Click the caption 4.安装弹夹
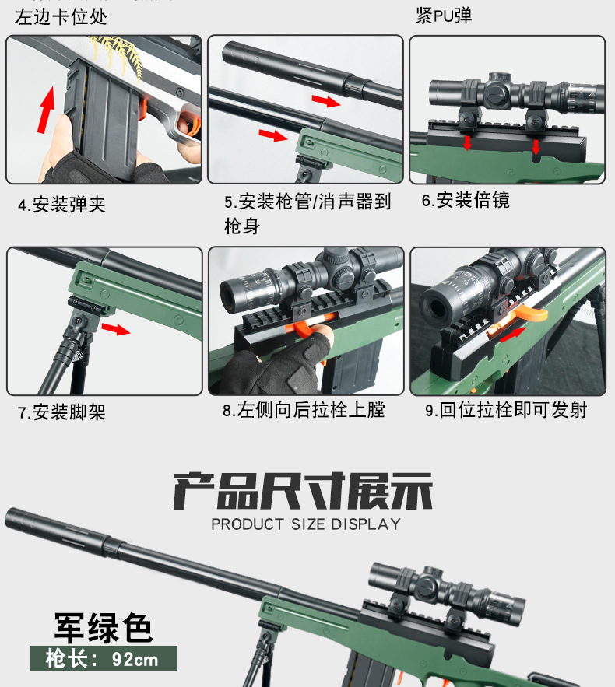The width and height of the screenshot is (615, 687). click(x=61, y=205)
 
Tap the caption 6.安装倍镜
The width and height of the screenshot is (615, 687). click(x=466, y=201)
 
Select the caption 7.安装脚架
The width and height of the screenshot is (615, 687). click(x=61, y=412)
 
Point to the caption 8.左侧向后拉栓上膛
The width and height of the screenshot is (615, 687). click(x=304, y=410)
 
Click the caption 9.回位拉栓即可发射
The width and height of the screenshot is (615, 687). click(x=506, y=410)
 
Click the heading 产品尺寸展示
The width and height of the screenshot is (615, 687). click(x=303, y=490)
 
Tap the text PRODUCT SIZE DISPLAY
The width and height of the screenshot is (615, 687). click(x=306, y=524)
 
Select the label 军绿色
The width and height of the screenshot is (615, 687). click(x=103, y=627)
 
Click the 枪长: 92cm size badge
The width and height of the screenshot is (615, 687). click(x=103, y=660)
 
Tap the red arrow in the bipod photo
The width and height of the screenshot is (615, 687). click(x=116, y=330)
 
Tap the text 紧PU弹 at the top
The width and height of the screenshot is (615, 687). click(x=444, y=16)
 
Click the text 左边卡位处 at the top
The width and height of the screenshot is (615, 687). click(x=61, y=16)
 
